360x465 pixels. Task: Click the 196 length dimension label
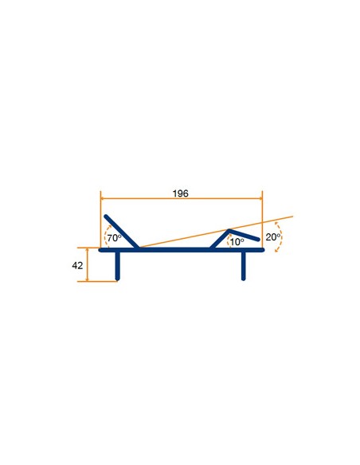click(x=180, y=193)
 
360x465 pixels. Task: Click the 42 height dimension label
click(x=77, y=265)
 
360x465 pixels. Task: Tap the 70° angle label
click(x=114, y=238)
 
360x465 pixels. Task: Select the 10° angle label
click(x=237, y=242)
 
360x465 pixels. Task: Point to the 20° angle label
click(x=273, y=237)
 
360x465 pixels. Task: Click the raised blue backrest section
click(x=121, y=232)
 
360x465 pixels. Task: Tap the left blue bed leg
click(x=118, y=265)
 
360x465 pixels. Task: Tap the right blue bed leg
click(x=244, y=265)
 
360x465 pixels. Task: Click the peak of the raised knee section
click(x=229, y=230)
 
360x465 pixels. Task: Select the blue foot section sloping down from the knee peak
click(x=244, y=235)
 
